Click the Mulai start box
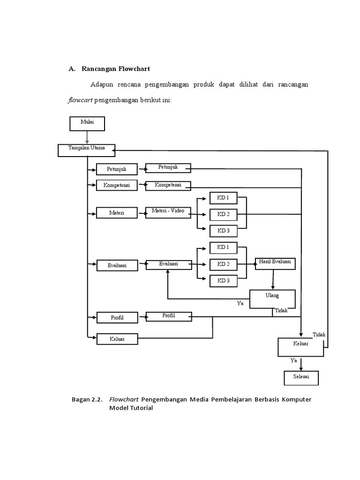point(87,123)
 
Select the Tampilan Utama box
point(87,150)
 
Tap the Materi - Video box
point(168,213)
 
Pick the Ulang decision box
point(272,299)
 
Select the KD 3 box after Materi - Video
point(223,230)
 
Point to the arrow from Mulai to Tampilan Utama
point(87,137)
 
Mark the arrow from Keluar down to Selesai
point(301,364)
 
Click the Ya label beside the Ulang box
point(240,303)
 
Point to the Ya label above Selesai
point(294,360)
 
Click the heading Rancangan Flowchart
point(115,69)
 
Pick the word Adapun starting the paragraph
point(103,84)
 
